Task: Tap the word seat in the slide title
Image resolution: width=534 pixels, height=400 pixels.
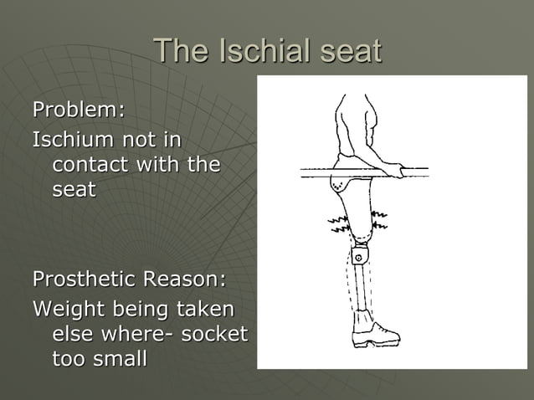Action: tap(346, 52)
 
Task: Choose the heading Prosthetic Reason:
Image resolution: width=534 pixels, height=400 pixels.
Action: tap(129, 278)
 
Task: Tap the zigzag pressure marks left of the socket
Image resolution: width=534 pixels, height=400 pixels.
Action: tap(338, 223)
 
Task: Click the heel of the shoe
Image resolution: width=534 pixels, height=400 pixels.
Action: tap(356, 341)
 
